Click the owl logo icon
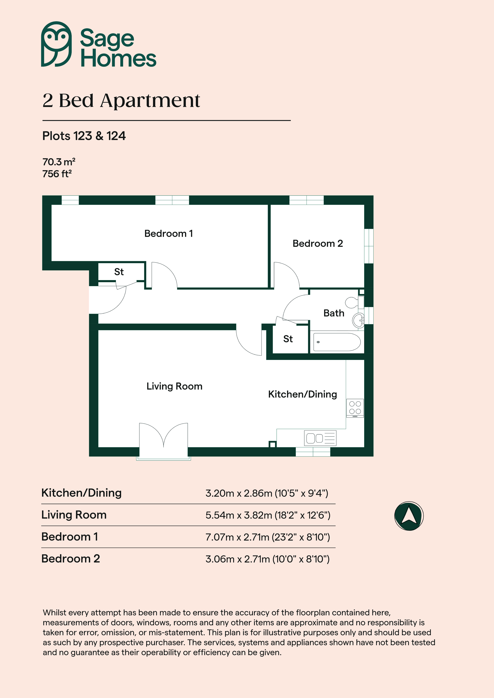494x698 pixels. point(57,44)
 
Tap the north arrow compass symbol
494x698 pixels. point(409,516)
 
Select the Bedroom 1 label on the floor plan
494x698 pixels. point(169,233)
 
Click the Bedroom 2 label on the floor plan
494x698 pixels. point(318,244)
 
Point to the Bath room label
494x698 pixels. point(334,313)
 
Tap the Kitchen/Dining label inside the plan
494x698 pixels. point(303,394)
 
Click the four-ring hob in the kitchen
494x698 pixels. point(355,408)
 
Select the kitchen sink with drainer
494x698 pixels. point(320,438)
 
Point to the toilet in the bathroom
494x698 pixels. point(355,302)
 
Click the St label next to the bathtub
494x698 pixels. point(288,339)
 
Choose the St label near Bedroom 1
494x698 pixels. point(119,272)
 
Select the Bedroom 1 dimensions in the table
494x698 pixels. point(268,537)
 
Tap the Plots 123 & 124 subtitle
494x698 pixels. point(84,136)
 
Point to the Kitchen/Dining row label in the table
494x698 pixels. point(82,493)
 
